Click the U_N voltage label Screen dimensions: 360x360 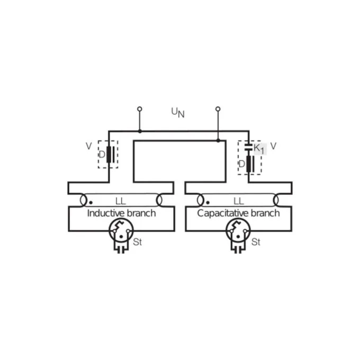pos(178,112)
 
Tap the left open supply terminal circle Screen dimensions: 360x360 pos(140,109)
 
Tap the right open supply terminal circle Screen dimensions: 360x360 pos(218,109)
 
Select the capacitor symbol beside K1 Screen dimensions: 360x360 pos(248,147)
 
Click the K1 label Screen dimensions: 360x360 pos(259,149)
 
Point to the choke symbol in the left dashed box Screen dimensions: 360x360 pos(110,154)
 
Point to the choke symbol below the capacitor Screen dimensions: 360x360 pos(250,164)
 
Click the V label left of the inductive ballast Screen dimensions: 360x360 pos(88,146)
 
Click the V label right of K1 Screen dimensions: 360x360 pos(273,146)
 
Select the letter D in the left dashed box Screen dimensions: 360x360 pos(102,154)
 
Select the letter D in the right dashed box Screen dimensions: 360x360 pos(242,164)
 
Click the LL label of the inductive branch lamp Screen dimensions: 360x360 pos(121,201)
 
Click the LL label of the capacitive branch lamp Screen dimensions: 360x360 pos(239,201)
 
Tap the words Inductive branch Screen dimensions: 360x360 pos(121,213)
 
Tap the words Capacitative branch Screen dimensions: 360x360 pos(238,213)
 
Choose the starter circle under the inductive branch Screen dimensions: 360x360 pos(121,230)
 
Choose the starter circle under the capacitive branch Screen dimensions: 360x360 pos(238,230)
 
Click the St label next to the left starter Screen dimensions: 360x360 pos(137,242)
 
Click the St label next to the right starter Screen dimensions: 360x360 pos(256,242)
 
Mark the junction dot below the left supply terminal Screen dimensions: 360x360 pos(140,131)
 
